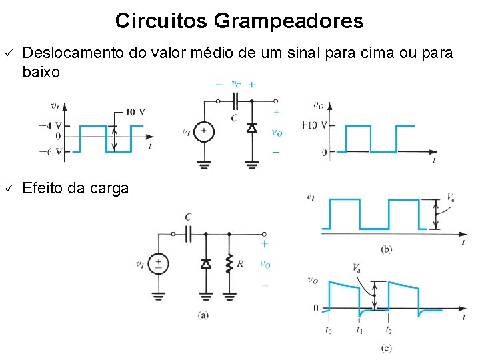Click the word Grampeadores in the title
click(289, 21)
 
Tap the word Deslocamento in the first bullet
click(73, 53)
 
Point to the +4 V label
click(52, 125)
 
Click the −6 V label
click(52, 151)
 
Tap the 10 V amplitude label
click(135, 111)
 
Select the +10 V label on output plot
click(313, 125)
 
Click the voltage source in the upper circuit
click(204, 132)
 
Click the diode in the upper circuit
click(252, 127)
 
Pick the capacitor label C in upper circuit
click(233, 118)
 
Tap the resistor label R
click(240, 265)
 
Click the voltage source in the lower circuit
click(158, 264)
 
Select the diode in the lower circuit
click(206, 264)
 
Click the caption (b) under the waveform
click(387, 249)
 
